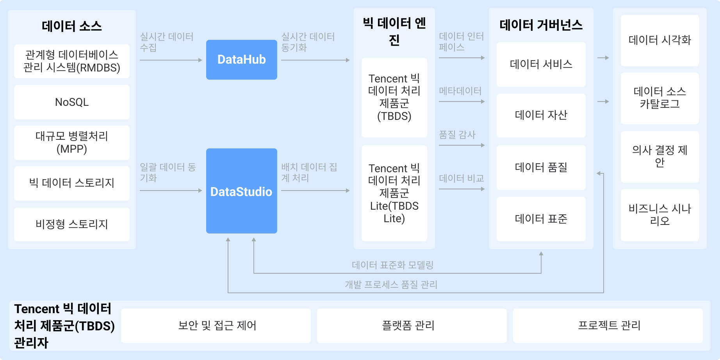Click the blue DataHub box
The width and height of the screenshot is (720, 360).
[242, 60]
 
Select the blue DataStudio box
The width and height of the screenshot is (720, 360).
[242, 191]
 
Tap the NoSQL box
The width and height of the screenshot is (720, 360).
[72, 102]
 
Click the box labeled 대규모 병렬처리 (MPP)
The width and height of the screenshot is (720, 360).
[72, 143]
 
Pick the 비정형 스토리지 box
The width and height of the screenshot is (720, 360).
[72, 225]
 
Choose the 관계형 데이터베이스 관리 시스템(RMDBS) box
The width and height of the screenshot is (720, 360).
[72, 61]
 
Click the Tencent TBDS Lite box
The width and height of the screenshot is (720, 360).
[394, 193]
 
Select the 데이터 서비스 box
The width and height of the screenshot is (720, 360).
[541, 64]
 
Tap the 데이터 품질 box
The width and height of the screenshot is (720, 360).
[541, 168]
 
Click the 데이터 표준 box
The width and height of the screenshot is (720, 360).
[541, 219]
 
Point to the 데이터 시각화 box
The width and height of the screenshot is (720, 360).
[660, 41]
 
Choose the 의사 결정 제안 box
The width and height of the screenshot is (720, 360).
[660, 157]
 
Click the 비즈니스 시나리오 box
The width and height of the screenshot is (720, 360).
[660, 215]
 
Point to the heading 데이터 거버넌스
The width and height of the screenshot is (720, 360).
[541, 25]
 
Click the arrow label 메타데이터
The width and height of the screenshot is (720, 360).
[460, 91]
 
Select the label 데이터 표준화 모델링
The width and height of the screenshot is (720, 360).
[393, 265]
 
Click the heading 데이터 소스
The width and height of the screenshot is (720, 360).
[72, 26]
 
